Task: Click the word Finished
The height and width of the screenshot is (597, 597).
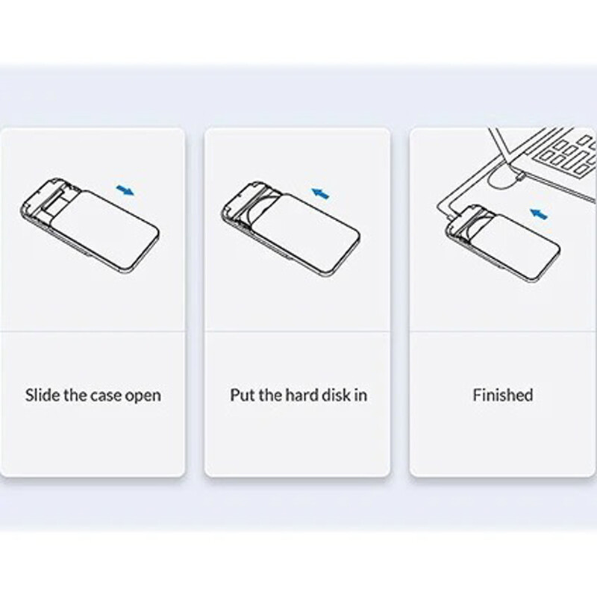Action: pyautogui.click(x=502, y=395)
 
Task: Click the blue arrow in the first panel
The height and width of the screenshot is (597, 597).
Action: pyautogui.click(x=125, y=190)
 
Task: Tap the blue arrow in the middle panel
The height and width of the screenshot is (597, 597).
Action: pyautogui.click(x=320, y=193)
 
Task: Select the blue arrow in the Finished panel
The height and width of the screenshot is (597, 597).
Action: pyautogui.click(x=539, y=213)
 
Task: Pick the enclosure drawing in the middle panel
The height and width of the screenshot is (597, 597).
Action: pyautogui.click(x=290, y=228)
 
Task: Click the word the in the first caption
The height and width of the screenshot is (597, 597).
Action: pyautogui.click(x=76, y=395)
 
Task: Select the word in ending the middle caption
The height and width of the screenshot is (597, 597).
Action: pyautogui.click(x=360, y=395)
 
